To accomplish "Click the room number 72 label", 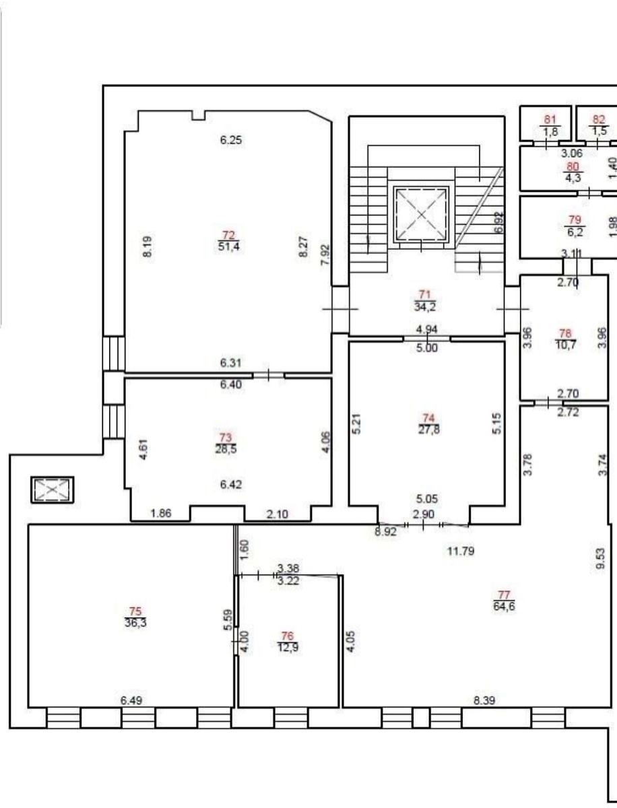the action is [x=228, y=234].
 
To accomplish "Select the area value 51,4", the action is [x=228, y=246].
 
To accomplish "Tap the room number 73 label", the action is [x=226, y=438].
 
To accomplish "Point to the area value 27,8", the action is [x=428, y=429].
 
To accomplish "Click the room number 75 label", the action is [x=135, y=611].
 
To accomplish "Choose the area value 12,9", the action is [x=288, y=647].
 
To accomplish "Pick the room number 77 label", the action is [x=504, y=595].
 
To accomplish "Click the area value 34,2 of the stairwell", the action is [x=425, y=306].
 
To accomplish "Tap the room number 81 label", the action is [x=550, y=120].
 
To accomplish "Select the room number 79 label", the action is [x=575, y=220].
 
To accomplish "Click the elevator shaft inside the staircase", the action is [x=421, y=215].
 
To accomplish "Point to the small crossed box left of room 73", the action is [x=53, y=490].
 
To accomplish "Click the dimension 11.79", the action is [x=461, y=551].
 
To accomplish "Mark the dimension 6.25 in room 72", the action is [x=231, y=140].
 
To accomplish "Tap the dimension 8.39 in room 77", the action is [x=484, y=700].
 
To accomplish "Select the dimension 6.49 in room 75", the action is [x=131, y=700].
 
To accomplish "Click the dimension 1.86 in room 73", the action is [x=161, y=513].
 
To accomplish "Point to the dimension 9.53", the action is [x=600, y=559].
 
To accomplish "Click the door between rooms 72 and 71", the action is [x=341, y=309].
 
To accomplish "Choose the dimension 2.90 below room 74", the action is [x=424, y=514].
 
